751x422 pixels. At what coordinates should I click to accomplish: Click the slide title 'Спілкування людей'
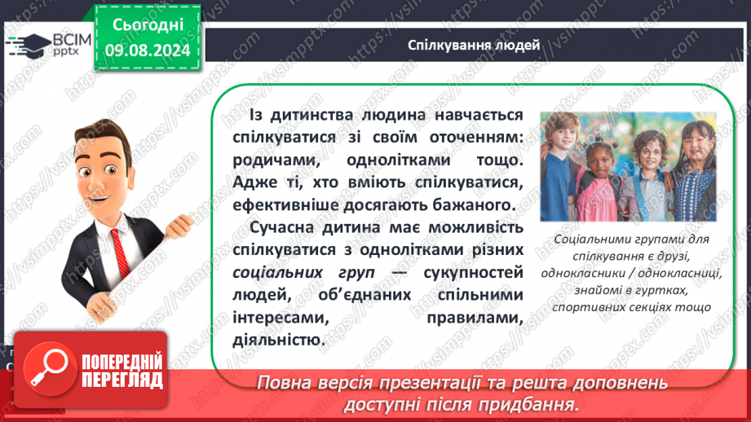coord(474,45)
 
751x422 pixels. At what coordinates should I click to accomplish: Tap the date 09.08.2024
coord(148,51)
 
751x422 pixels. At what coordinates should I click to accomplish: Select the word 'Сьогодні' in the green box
coord(148,25)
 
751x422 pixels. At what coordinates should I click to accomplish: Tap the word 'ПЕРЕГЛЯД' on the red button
coord(122,380)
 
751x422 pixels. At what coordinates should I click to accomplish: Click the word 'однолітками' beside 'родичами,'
coord(399,160)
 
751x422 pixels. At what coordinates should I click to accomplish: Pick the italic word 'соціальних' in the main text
coord(277,273)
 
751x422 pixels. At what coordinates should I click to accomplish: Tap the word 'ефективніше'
coord(282,205)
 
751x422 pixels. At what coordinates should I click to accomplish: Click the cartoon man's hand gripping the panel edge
coord(179,225)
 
